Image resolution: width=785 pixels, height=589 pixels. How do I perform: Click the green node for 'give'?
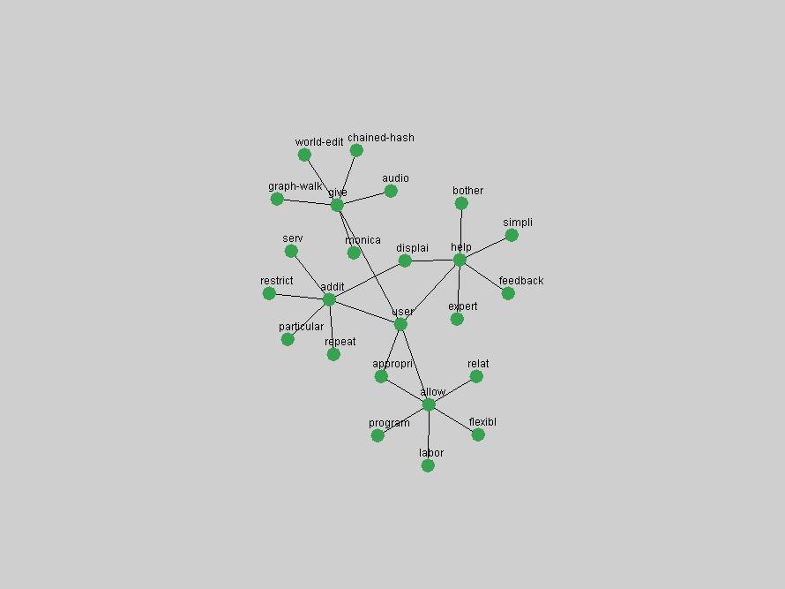click(337, 205)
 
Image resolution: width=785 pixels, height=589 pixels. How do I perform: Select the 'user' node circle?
click(400, 324)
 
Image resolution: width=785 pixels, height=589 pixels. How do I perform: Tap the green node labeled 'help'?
click(460, 260)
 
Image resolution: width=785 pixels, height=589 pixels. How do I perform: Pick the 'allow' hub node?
click(429, 404)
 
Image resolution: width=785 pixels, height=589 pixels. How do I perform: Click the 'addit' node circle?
click(329, 299)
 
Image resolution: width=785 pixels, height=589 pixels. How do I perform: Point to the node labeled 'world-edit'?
click(304, 155)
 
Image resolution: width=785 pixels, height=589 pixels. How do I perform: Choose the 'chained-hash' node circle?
click(356, 150)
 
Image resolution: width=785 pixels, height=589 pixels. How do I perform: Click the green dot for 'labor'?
click(428, 465)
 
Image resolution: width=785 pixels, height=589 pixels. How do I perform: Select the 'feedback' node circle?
click(508, 293)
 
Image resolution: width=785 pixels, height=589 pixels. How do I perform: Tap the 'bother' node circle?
click(461, 203)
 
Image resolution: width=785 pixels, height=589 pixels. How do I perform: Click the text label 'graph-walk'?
click(295, 186)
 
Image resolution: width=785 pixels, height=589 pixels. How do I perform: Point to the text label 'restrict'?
click(276, 280)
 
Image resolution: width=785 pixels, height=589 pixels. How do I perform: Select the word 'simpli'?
click(518, 223)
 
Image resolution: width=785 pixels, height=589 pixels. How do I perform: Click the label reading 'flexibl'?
click(482, 422)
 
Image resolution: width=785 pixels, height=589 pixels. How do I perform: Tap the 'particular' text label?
click(301, 327)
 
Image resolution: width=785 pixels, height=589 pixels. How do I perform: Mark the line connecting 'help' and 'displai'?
click(432, 261)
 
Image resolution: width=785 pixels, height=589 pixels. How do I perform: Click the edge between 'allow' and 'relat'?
click(452, 390)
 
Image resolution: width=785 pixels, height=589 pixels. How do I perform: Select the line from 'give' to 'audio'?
click(364, 198)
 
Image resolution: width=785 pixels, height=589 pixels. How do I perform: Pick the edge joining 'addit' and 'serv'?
click(310, 276)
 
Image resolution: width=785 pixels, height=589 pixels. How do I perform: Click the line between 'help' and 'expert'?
click(458, 290)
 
